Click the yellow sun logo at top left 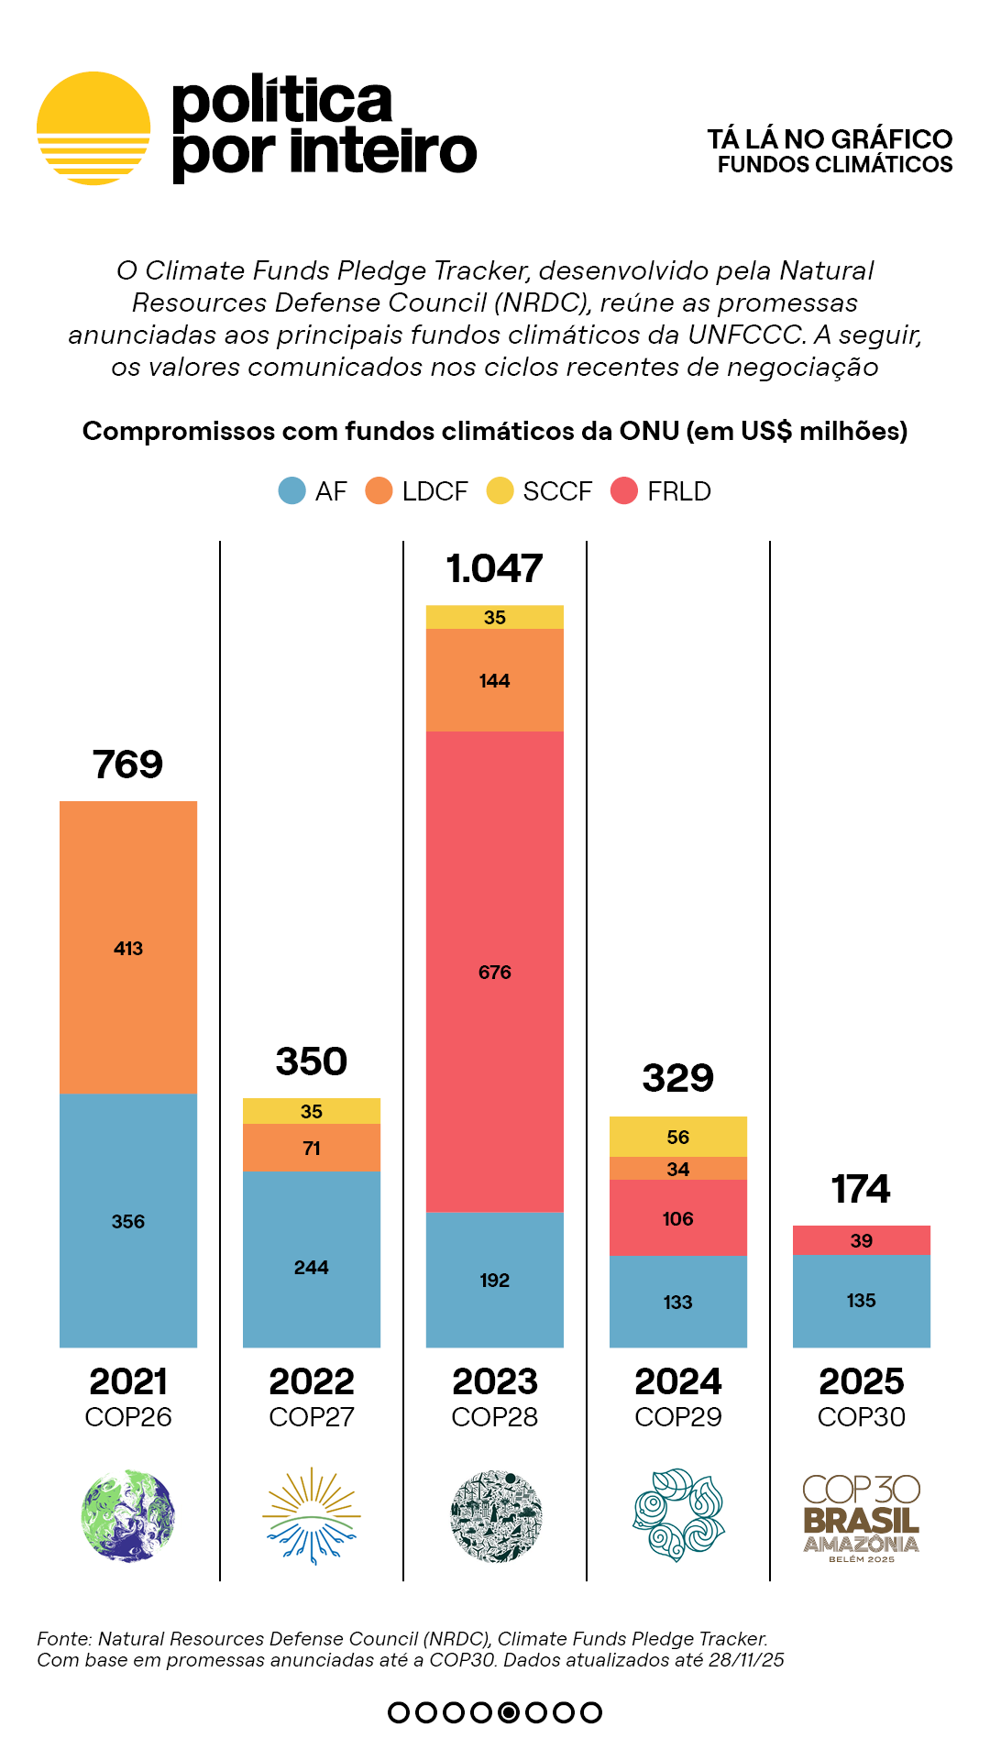(93, 128)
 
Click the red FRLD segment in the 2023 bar (495, 971)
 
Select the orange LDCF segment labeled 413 (128, 947)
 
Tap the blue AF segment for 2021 (128, 1220)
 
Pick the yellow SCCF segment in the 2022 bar (312, 1111)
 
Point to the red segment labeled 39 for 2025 (862, 1240)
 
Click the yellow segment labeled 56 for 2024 (678, 1137)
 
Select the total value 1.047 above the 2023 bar (495, 568)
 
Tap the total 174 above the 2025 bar (861, 1189)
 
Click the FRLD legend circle (624, 491)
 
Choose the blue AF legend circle (291, 491)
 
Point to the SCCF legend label (557, 491)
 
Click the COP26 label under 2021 (128, 1417)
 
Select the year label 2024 (678, 1381)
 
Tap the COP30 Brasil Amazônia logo (861, 1516)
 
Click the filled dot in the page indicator (509, 1712)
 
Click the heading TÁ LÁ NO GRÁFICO (830, 138)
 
